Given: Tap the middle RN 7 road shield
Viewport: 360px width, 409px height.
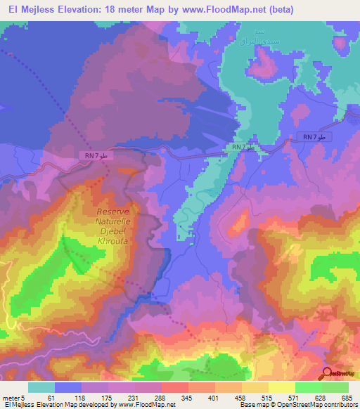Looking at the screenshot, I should click(x=243, y=147).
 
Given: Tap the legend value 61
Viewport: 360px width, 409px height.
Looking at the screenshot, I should click(x=49, y=398).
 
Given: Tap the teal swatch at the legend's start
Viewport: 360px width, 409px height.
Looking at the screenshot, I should click(x=41, y=387).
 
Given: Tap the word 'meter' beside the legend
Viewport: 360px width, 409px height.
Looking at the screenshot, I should click(x=13, y=398).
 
